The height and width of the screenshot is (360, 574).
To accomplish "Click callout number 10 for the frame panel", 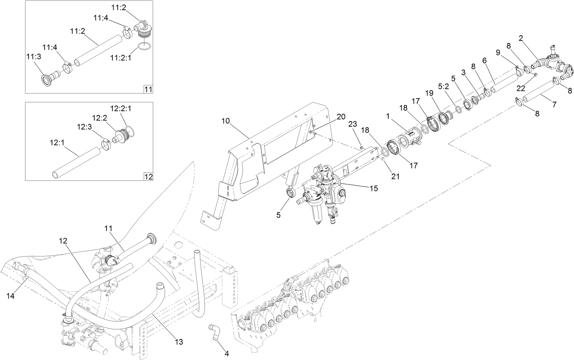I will point(226,121).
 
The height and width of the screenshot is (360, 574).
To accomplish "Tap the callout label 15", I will point(374,188).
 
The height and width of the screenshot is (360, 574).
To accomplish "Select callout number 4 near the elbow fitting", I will point(227,354).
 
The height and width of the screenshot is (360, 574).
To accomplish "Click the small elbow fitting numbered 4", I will point(213,330).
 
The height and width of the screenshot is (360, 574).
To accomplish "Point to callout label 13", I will point(179,342).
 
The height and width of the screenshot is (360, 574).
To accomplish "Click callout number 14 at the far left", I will point(11,296).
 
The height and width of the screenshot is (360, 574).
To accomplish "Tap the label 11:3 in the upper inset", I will point(33,56).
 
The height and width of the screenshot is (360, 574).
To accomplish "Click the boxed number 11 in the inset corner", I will point(148,89).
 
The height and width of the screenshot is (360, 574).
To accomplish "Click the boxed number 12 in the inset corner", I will point(148,177).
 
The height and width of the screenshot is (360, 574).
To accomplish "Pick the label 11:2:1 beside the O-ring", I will point(120,57).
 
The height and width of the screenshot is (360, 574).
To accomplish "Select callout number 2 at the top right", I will point(521,38).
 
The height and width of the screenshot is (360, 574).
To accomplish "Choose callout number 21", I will point(395,177).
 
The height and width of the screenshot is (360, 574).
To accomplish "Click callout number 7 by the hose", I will point(554,104).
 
